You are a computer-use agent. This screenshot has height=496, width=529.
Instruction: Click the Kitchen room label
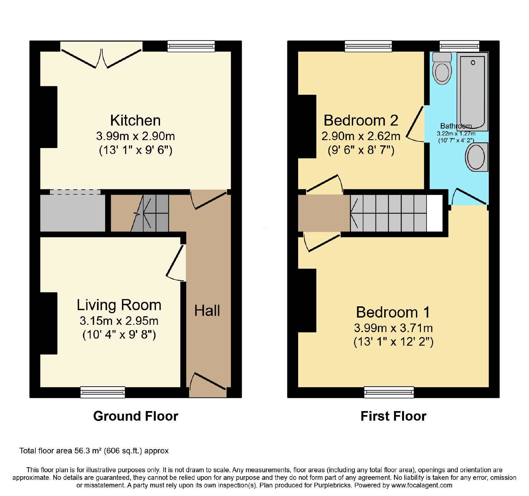pos(136,121)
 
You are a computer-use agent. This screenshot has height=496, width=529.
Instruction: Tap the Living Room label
pos(119,305)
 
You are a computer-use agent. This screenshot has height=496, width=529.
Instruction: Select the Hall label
pos(207,311)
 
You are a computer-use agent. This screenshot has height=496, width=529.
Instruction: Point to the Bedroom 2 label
pos(361,121)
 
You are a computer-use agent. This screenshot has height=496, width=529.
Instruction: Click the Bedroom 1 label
pos(393,312)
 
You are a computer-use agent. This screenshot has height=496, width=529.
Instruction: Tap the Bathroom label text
pos(456,126)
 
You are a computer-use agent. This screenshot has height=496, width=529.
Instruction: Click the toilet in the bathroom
pos(442,68)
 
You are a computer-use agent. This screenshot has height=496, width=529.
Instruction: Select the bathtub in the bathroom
pos(473,92)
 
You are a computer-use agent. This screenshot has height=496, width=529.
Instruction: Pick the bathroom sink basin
pos(477,157)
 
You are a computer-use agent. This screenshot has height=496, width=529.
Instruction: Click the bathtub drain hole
pos(473,63)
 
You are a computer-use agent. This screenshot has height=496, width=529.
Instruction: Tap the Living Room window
pos(103,392)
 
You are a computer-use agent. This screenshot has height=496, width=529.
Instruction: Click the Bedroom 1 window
pos(389,392)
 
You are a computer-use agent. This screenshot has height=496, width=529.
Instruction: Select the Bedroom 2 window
pos(368,46)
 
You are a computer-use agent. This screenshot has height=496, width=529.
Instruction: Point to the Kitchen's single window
pos(191,46)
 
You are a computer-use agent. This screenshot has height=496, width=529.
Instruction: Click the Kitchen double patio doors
pos(102,55)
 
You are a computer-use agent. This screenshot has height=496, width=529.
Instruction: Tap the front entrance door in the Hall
pos(208,385)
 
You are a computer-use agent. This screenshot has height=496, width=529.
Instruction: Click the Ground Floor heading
pos(136,416)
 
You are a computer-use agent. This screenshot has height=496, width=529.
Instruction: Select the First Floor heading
pos(393,416)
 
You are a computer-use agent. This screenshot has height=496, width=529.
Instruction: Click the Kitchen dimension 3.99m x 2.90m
pos(136,136)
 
